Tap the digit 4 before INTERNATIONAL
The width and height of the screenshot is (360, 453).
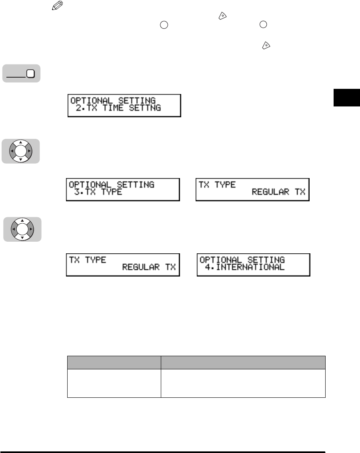click(208, 267)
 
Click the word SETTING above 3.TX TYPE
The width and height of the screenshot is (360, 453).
click(134, 184)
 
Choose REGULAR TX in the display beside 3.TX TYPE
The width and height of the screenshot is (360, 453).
click(278, 192)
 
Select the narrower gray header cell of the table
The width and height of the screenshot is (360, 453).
click(114, 363)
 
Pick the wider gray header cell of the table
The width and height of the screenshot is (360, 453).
click(243, 363)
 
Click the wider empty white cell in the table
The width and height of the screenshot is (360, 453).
click(243, 383)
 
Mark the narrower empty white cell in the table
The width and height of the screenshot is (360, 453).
click(114, 383)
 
